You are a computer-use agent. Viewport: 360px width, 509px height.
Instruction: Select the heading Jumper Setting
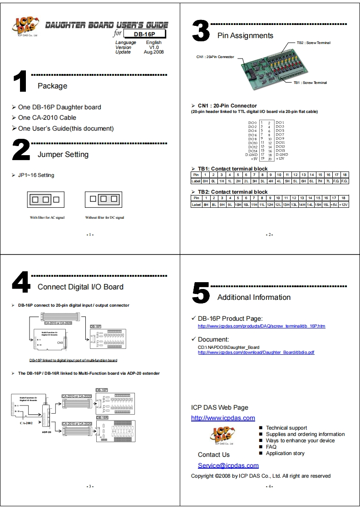tap(63, 154)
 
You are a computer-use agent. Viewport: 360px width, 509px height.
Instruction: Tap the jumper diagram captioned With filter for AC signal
tap(44, 199)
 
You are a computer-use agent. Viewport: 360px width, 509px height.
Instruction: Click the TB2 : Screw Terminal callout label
tap(313, 43)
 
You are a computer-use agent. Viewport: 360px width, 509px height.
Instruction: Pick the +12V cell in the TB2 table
tap(344, 205)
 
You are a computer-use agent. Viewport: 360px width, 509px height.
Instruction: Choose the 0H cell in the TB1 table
tap(205, 181)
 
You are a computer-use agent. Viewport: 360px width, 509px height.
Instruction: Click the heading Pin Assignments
tap(245, 35)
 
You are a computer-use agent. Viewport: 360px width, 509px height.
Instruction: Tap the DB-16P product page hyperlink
tap(261, 326)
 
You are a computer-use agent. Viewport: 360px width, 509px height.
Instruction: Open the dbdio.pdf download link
tap(256, 352)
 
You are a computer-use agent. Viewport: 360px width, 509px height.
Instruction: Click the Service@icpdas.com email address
tap(228, 465)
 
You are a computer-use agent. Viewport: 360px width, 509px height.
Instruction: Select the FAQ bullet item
tap(271, 447)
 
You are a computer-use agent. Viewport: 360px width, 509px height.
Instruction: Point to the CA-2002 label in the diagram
tap(27, 422)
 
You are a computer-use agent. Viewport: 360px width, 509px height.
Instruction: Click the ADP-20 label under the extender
tap(47, 432)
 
